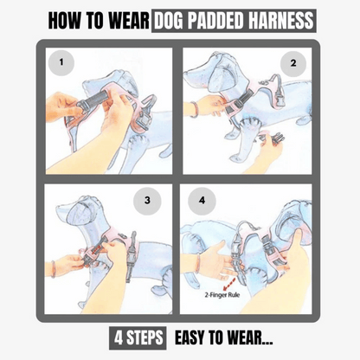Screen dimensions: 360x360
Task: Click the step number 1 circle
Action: [61, 62]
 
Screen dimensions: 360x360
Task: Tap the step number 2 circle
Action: [293, 63]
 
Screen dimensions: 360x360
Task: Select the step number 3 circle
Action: [147, 201]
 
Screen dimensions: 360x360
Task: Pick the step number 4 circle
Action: [202, 200]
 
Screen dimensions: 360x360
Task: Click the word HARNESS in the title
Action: [280, 21]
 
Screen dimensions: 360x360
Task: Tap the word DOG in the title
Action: [170, 21]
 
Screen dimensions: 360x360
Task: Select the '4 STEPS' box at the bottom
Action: [138, 337]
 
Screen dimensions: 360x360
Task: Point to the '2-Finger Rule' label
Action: [222, 295]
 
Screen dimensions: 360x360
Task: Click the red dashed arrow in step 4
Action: [229, 285]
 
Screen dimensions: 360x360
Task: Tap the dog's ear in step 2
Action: [219, 75]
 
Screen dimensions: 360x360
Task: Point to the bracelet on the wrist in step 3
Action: [53, 269]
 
